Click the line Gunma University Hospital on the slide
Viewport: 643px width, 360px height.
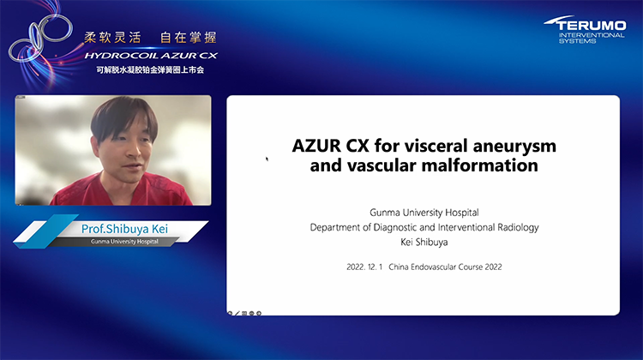[424, 211]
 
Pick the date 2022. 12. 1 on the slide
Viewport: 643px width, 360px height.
[363, 267]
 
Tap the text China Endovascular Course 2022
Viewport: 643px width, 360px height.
[445, 267]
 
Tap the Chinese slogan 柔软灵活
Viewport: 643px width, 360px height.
[111, 38]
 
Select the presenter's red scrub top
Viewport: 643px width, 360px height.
[129, 190]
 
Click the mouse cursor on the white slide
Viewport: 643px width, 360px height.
[267, 159]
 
